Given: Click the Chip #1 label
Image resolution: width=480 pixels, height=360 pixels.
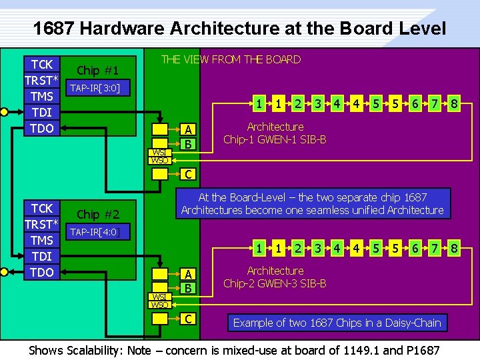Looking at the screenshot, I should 97,71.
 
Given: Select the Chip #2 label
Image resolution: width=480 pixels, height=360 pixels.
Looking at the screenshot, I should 97,215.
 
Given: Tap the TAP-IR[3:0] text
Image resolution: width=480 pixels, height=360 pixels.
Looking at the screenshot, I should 95,88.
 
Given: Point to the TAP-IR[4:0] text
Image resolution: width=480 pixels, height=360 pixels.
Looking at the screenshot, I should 95,232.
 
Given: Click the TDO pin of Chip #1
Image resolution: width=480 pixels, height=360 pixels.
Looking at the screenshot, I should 42,128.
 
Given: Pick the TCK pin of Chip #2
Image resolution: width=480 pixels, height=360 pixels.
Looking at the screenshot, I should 42,208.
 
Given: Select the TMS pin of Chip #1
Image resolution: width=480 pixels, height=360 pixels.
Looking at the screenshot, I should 42,96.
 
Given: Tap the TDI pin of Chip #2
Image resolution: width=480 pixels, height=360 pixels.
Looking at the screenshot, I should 42,256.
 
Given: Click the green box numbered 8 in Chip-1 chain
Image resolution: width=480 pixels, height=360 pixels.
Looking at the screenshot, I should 453,104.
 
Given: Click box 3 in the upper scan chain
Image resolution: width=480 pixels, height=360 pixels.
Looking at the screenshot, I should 319,104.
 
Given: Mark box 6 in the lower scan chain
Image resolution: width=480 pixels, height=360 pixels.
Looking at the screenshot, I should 415,249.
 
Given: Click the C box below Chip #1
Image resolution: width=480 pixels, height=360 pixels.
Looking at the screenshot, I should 189,175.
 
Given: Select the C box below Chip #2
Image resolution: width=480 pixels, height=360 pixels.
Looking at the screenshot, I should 189,319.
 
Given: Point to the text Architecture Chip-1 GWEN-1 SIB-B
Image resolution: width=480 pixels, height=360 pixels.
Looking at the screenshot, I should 275,133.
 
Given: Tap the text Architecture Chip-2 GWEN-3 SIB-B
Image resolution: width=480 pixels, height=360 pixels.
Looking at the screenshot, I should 275,277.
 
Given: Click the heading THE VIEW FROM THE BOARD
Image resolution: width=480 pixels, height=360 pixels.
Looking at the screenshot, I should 231,59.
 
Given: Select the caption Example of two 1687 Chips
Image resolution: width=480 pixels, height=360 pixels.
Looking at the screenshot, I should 337,323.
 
